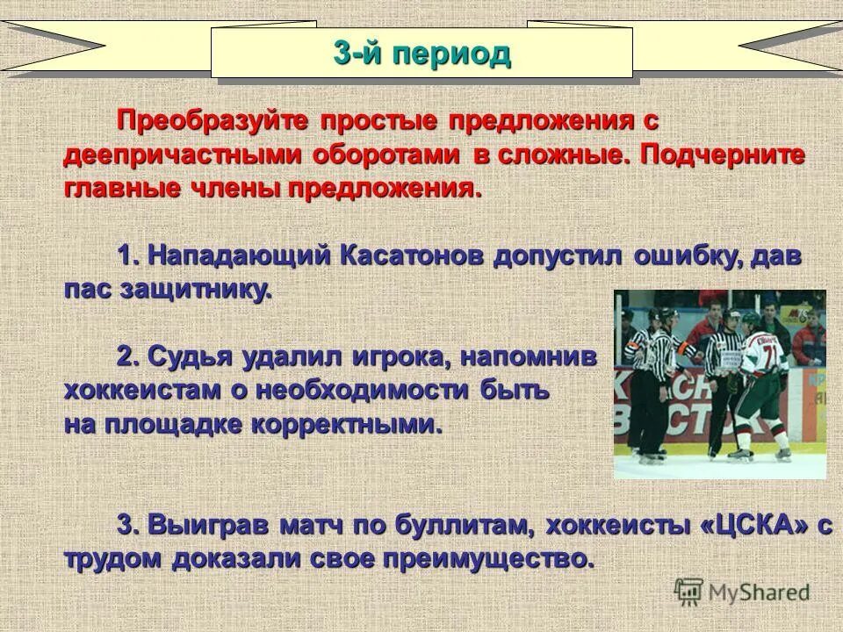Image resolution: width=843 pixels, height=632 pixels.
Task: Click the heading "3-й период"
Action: (421, 54)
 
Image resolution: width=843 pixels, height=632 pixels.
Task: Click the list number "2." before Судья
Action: (129, 355)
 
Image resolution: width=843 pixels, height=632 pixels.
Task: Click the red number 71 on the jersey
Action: (770, 356)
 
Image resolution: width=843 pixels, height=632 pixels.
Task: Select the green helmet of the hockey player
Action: (751, 320)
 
